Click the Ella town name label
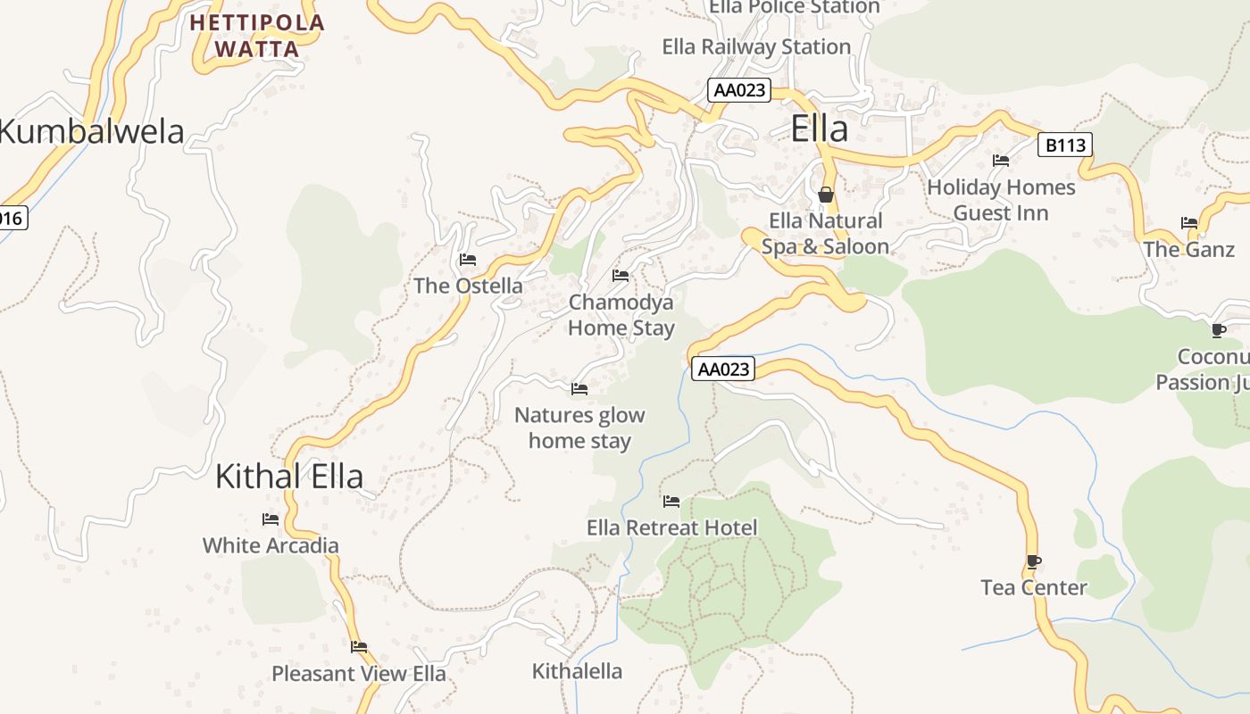click(x=819, y=129)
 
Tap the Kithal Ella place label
click(x=289, y=477)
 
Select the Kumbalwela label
click(x=91, y=132)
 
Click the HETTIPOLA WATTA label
click(x=257, y=36)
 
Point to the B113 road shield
click(x=1064, y=145)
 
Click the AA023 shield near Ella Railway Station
click(x=738, y=90)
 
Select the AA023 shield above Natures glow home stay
click(x=722, y=369)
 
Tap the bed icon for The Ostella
click(x=467, y=260)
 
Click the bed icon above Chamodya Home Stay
click(x=621, y=276)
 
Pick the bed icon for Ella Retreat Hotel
click(x=671, y=502)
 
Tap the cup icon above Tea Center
click(x=1033, y=561)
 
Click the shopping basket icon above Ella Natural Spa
click(x=826, y=194)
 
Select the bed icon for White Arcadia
click(x=271, y=519)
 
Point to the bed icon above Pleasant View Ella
click(x=359, y=647)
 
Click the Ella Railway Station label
click(x=755, y=46)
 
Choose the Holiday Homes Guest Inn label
click(x=1001, y=200)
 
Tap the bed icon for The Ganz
click(x=1188, y=223)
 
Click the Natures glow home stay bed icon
click(x=579, y=389)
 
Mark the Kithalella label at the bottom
click(x=577, y=671)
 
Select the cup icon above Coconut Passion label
click(x=1218, y=331)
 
